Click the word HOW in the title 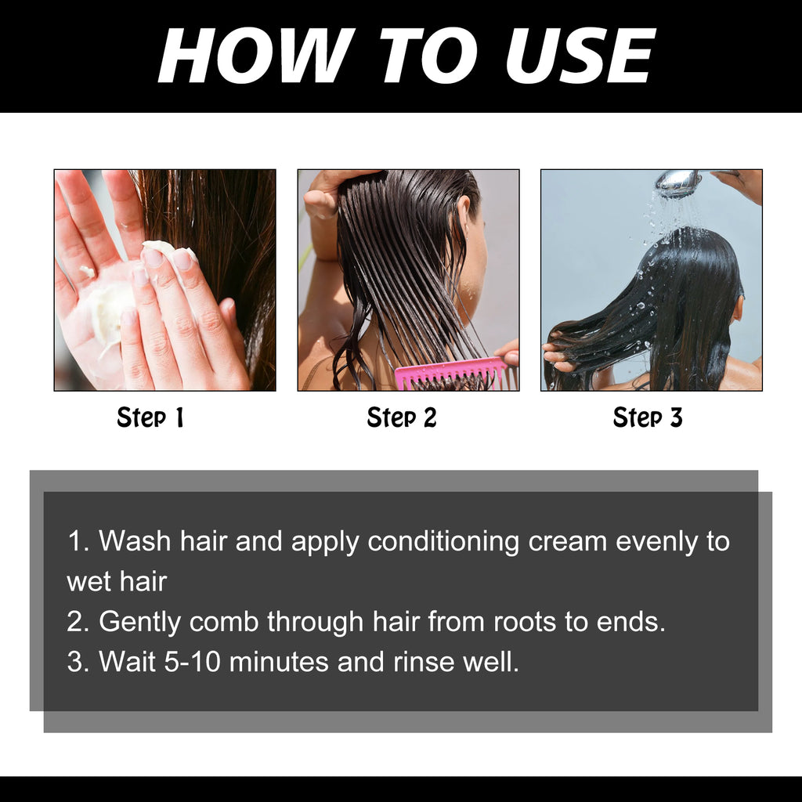[251, 56]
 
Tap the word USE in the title [579, 56]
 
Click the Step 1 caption [150, 418]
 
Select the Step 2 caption [401, 418]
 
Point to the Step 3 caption [648, 418]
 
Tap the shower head [677, 182]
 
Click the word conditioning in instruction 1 [443, 541]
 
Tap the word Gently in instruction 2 [140, 622]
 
